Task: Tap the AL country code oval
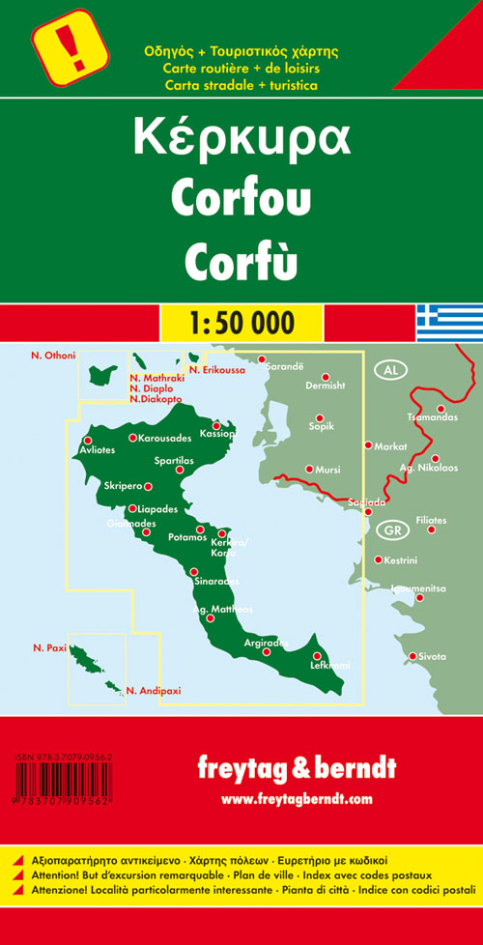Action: tap(390, 371)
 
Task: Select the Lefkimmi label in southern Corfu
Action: tap(329, 666)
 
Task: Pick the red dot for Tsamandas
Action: tap(441, 408)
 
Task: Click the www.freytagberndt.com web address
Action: tap(296, 799)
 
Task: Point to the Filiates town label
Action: tap(431, 521)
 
